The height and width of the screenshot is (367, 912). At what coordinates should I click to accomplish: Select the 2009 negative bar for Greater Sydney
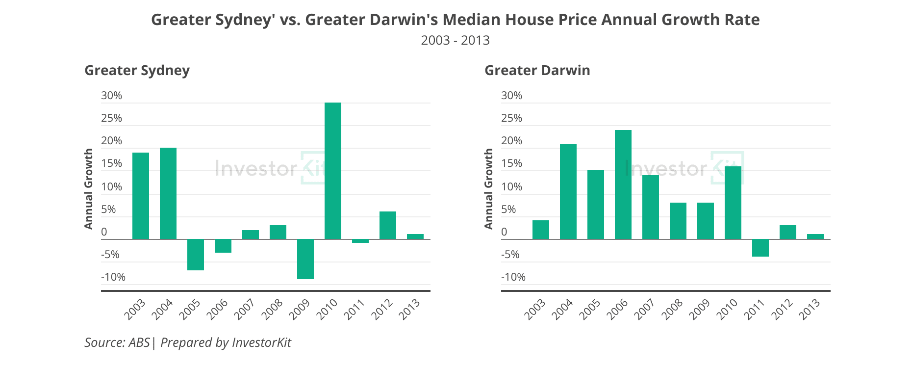(305, 259)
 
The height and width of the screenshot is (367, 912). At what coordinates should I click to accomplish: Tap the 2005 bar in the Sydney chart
(196, 255)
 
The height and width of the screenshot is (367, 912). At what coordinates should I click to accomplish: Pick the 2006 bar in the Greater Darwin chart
(623, 184)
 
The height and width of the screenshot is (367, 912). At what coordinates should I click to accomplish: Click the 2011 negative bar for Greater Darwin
(760, 248)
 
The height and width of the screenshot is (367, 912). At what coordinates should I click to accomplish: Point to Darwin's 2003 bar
(541, 230)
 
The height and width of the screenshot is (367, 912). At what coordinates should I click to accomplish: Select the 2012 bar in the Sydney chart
(388, 225)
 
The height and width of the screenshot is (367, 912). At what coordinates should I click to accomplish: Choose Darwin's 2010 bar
(733, 203)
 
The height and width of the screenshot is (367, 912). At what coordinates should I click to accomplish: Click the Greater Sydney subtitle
(137, 70)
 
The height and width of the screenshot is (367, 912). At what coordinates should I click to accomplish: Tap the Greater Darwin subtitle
(537, 70)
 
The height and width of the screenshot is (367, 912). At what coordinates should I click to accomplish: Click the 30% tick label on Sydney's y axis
(111, 96)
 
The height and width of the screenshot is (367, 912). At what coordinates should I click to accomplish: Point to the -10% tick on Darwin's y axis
(513, 277)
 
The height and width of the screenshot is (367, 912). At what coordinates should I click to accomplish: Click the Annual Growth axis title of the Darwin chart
(488, 189)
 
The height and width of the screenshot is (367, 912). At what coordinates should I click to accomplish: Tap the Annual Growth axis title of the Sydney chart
(88, 189)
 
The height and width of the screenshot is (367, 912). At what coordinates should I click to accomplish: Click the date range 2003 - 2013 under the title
(455, 40)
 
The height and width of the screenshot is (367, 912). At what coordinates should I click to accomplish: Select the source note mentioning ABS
(188, 342)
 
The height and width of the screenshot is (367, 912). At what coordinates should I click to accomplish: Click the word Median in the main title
(471, 20)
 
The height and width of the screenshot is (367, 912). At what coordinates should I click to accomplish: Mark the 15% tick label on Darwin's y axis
(511, 163)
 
